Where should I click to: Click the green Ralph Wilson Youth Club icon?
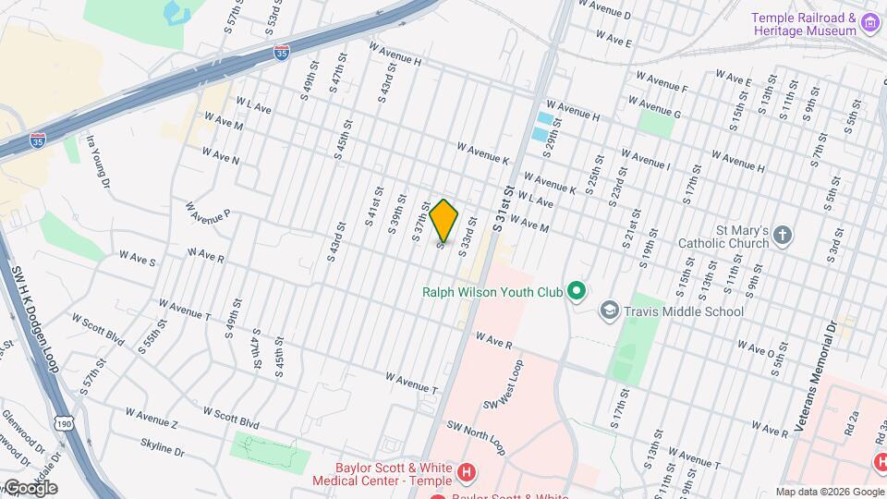pyautogui.click(x=577, y=292)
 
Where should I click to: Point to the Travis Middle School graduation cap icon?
pyautogui.click(x=609, y=310)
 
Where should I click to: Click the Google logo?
pyautogui.click(x=30, y=487)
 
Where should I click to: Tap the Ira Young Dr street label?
pyautogui.click(x=97, y=160)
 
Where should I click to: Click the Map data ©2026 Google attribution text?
pyautogui.click(x=829, y=492)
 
